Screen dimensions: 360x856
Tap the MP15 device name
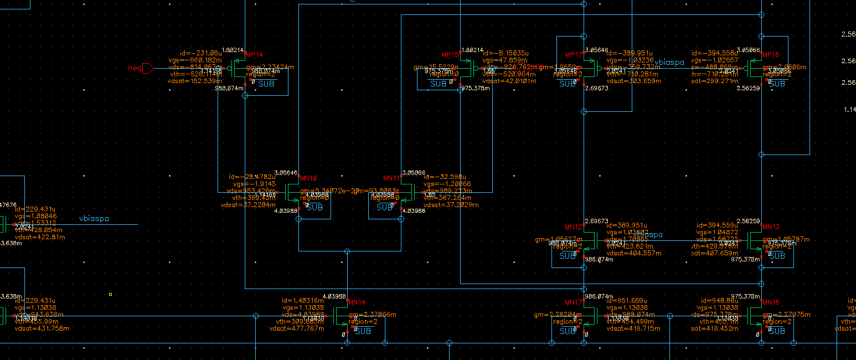[451, 55]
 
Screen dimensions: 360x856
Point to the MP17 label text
[574, 55]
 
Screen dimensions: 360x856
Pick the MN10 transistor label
[308, 178]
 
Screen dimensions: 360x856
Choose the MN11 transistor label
[393, 178]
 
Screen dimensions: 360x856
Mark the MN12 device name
[574, 227]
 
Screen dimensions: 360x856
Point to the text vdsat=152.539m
[190, 81]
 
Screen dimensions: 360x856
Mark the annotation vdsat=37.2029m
[451, 205]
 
